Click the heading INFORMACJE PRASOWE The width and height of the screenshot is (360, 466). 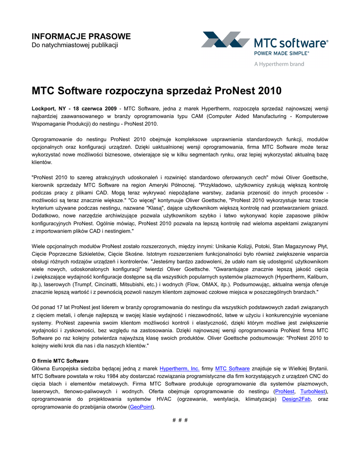coord(81,36)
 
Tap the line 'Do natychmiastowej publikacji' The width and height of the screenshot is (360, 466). coord(75,45)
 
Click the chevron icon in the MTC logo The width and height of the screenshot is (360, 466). coord(225,40)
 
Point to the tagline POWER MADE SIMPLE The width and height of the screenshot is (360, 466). coord(281,53)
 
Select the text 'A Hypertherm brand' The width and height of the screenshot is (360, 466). coord(279,64)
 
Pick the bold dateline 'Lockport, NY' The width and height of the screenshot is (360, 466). coord(50,109)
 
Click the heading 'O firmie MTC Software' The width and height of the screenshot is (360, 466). coord(60,361)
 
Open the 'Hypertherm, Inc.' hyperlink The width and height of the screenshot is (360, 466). coord(179,369)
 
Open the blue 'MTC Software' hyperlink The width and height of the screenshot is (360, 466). coord(232,369)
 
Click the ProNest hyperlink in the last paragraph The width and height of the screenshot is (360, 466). coord(285,391)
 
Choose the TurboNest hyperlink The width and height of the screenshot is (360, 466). coord(313,391)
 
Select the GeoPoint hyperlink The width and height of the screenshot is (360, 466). coord(141,407)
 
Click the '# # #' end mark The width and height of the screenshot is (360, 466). coord(180,420)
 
